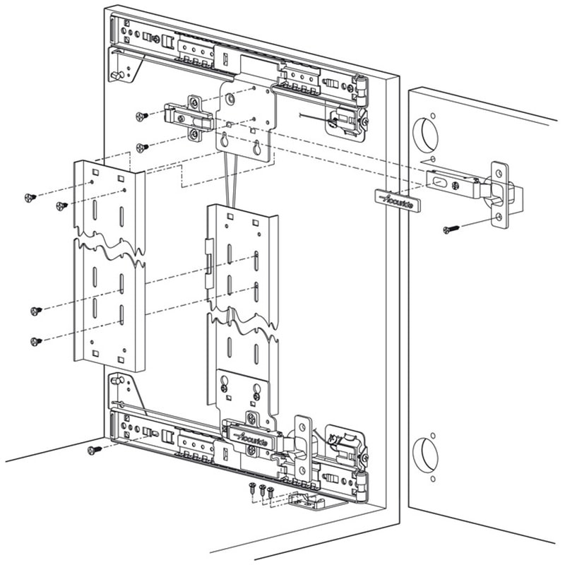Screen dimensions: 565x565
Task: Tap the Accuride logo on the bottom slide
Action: pos(249,437)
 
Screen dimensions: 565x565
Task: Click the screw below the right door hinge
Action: pos(450,229)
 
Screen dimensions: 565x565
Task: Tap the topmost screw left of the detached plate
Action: pos(30,197)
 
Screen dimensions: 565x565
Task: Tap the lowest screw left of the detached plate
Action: pos(37,342)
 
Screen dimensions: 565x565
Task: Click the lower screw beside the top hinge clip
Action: pos(141,147)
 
